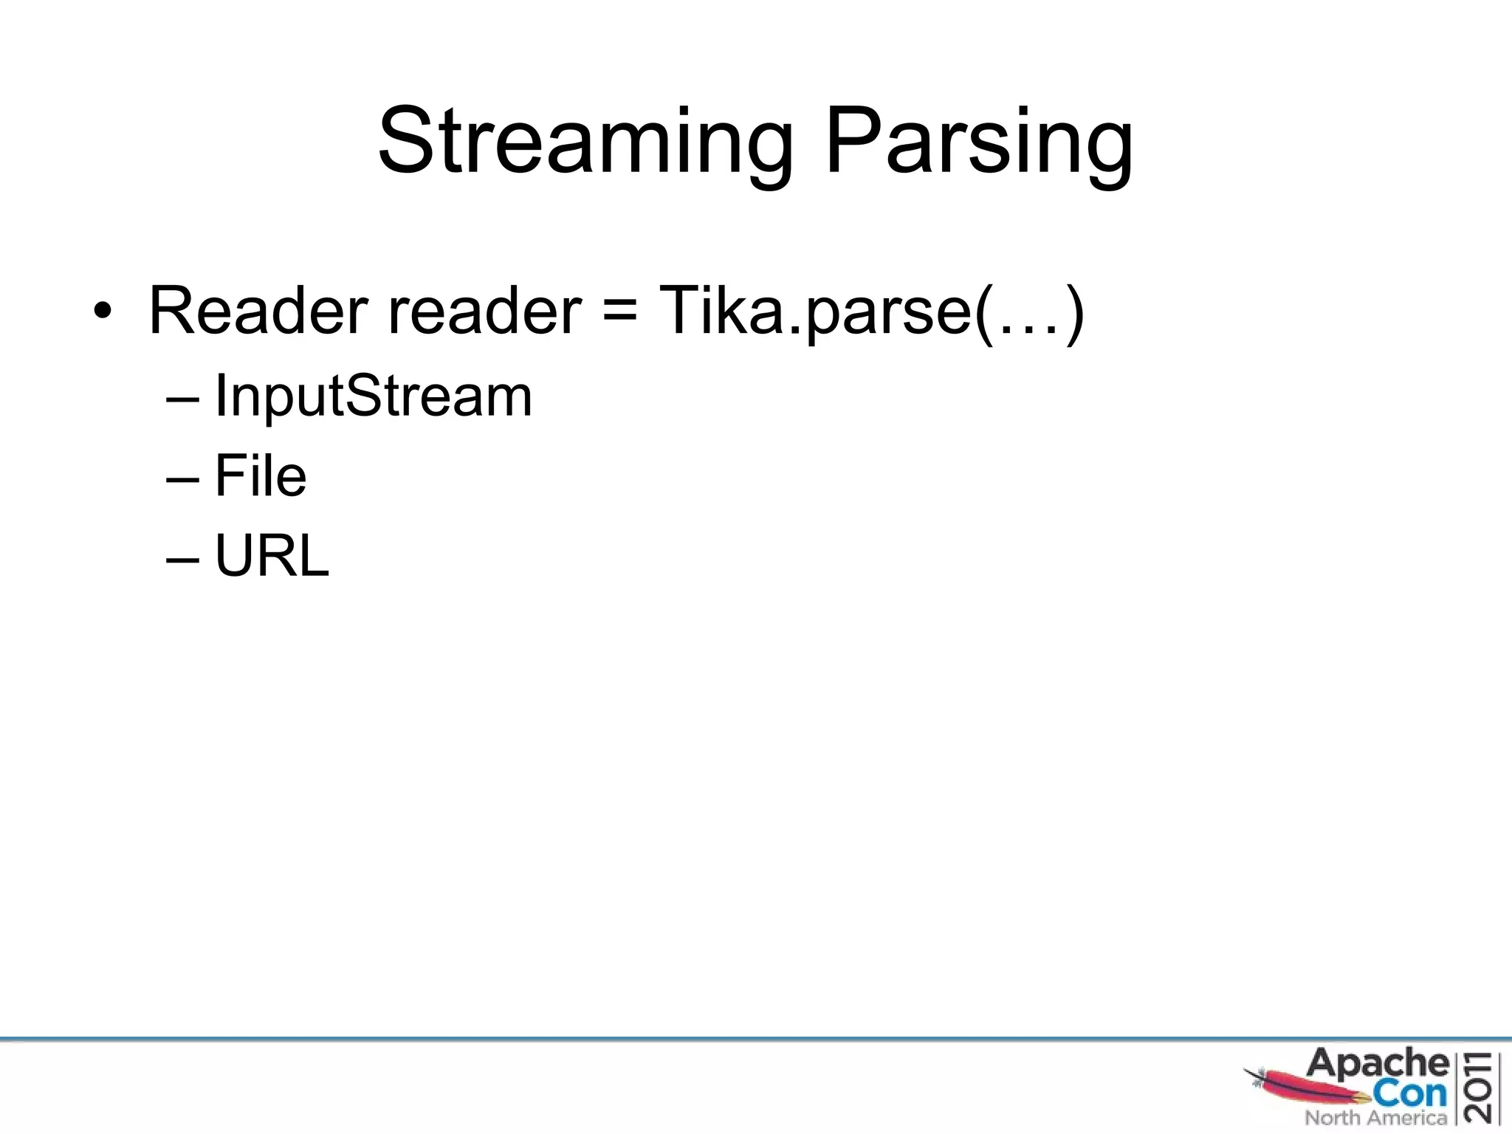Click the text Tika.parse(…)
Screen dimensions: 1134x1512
(871, 311)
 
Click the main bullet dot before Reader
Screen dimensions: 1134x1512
(103, 311)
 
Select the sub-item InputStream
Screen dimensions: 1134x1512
(373, 396)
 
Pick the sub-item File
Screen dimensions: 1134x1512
(260, 475)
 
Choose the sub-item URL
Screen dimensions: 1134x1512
(271, 555)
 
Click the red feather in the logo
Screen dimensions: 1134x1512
(1307, 1086)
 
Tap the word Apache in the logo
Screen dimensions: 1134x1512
(1378, 1064)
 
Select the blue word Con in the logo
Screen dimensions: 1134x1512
(1410, 1093)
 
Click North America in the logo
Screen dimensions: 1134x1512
(1375, 1118)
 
